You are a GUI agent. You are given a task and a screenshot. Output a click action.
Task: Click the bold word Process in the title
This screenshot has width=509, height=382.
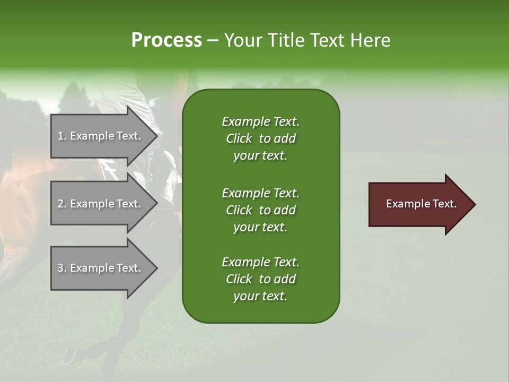coord(166,40)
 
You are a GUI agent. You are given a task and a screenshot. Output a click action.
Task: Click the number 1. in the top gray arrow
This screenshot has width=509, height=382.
coord(62,136)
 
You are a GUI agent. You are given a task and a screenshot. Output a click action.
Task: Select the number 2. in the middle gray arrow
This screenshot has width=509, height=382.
coord(62,204)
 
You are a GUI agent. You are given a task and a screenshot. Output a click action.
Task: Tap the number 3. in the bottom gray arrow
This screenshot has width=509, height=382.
coord(62,268)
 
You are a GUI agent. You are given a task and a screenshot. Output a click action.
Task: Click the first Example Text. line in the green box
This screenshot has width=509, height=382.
coord(260,121)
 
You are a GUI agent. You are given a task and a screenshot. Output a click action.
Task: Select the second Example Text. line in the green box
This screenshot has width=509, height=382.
coord(260,193)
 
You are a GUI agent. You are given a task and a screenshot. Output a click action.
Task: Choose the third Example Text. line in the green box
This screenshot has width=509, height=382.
coord(260,262)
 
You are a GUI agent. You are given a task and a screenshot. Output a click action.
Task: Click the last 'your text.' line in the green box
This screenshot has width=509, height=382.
coord(260,296)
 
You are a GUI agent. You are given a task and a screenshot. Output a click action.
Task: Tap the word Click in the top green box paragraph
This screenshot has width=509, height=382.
coord(239,138)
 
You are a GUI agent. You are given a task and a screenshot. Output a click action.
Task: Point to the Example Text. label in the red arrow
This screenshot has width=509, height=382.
coord(422,204)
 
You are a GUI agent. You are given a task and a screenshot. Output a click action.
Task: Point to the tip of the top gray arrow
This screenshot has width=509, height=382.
coord(156,136)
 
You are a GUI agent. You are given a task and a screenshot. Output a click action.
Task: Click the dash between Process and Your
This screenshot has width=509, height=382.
coord(213,41)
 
